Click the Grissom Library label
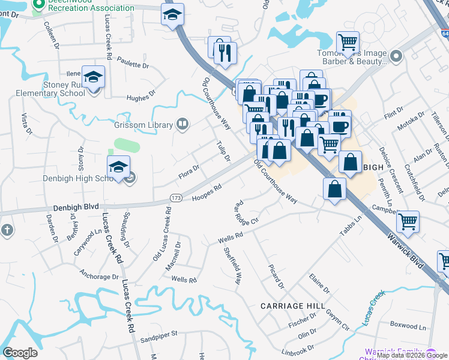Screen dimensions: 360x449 pos(143,126)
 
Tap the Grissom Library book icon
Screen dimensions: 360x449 pos(182,125)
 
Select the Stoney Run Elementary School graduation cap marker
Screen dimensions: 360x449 pos(94,77)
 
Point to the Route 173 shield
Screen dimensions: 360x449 pos(176,197)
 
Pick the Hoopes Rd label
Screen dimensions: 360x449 pos(207,193)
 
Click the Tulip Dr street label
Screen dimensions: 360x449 pos(223,151)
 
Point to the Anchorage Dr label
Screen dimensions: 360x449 pos(99,277)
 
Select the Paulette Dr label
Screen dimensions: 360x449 pos(133,64)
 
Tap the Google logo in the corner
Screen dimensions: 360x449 pos(19,353)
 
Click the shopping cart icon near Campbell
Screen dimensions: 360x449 pos(408,221)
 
